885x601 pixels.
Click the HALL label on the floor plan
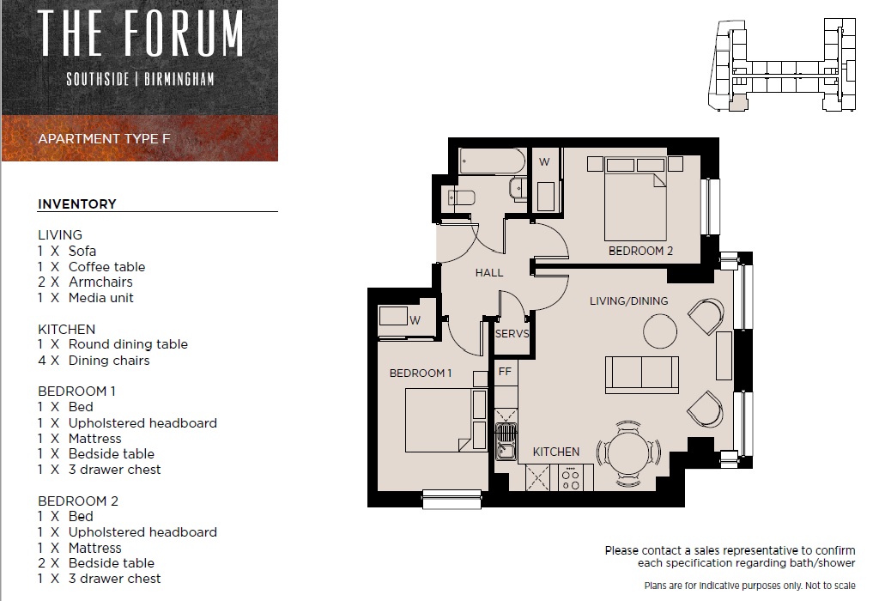[x=488, y=273]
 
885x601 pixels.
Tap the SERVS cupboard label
[x=512, y=333]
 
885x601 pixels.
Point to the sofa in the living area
[x=642, y=374]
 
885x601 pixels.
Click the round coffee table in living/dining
[x=660, y=331]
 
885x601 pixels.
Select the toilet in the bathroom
[x=461, y=198]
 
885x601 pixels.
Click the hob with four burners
[x=571, y=477]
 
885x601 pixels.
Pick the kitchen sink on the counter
[x=505, y=442]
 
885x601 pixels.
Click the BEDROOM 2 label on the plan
[x=640, y=251]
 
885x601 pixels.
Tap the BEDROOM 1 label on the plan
[x=421, y=373]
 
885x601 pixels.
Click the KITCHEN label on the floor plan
[x=556, y=452]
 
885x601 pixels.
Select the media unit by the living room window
[x=724, y=355]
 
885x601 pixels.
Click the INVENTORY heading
[x=76, y=203]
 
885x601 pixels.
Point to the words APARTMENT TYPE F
[x=104, y=139]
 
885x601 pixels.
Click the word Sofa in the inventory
[x=82, y=251]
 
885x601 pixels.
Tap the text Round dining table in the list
[x=128, y=344]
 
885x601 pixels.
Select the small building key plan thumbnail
[x=782, y=65]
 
